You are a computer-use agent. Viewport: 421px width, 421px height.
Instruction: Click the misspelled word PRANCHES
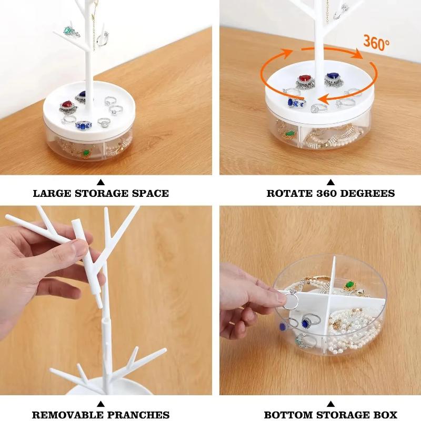(141, 415)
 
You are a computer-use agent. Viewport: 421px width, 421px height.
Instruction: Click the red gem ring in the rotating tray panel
(304, 79)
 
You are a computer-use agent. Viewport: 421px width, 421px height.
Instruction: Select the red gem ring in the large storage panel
(67, 106)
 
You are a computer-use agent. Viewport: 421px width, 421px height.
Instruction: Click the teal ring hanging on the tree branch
(68, 31)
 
